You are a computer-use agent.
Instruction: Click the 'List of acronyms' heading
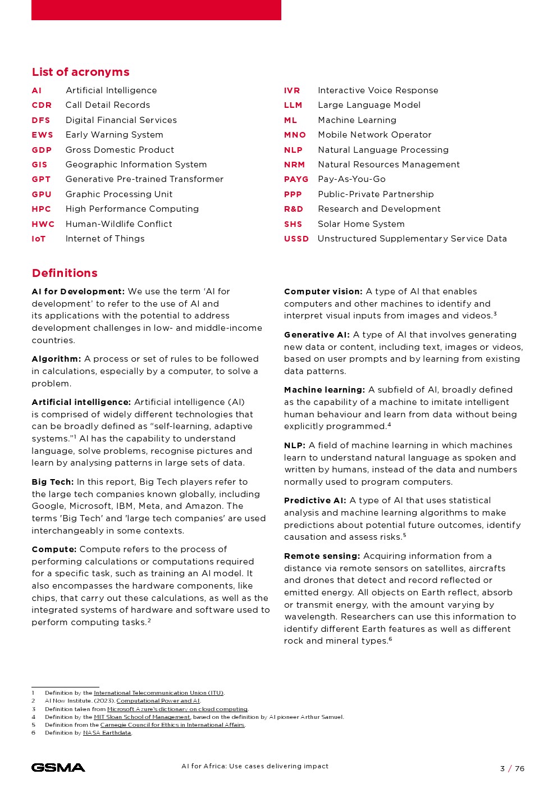pyautogui.click(x=80, y=72)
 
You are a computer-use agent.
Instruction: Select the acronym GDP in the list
pyautogui.click(x=42, y=150)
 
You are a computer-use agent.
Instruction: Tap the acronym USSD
pyautogui.click(x=296, y=239)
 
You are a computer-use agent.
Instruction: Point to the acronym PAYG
pyautogui.click(x=296, y=179)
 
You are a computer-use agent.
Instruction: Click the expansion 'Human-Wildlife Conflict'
pyautogui.click(x=118, y=224)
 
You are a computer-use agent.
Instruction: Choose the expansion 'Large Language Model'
pyautogui.click(x=369, y=105)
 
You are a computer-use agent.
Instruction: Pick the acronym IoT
pyautogui.click(x=39, y=239)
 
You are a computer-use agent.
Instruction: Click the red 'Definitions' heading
pyautogui.click(x=65, y=273)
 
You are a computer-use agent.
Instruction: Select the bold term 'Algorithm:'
pyautogui.click(x=56, y=359)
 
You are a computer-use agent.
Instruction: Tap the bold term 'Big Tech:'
pyautogui.click(x=53, y=482)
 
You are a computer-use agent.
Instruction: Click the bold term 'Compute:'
pyautogui.click(x=54, y=549)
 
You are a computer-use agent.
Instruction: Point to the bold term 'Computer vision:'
pyautogui.click(x=323, y=291)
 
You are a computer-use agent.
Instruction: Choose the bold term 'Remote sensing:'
pyautogui.click(x=322, y=556)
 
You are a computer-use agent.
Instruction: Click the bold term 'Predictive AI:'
pyautogui.click(x=315, y=500)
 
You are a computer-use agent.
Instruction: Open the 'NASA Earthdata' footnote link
pyautogui.click(x=107, y=733)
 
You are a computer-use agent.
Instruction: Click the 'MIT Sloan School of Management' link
pyautogui.click(x=141, y=717)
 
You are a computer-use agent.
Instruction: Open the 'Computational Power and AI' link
pyautogui.click(x=158, y=701)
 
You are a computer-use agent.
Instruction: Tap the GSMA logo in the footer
pyautogui.click(x=58, y=768)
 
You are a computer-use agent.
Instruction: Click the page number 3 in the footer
pyautogui.click(x=503, y=769)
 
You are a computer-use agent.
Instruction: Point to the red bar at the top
pyautogui.click(x=156, y=10)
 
